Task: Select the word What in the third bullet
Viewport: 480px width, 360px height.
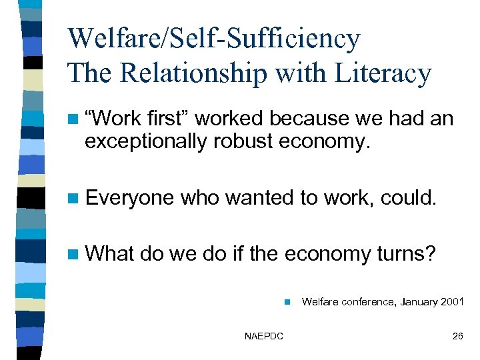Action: [110, 253]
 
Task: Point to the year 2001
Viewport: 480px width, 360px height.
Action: [451, 302]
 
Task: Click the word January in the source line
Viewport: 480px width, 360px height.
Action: [413, 302]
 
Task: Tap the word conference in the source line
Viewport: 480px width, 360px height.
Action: [360, 302]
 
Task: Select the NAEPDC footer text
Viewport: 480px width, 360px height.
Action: [264, 336]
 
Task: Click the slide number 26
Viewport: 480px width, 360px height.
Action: [457, 336]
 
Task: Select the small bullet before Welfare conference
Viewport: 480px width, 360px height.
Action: [286, 302]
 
